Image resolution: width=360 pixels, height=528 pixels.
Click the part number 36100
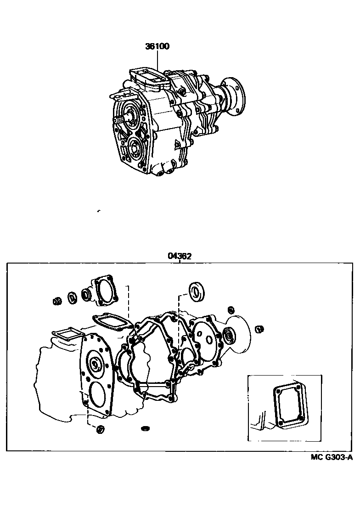tap(157, 46)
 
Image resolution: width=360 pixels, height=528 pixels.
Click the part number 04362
tap(179, 257)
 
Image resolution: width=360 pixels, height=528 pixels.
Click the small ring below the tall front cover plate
tap(100, 430)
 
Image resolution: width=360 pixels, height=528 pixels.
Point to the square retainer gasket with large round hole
tap(105, 291)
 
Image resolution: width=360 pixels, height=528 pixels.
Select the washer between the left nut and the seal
tap(73, 298)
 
